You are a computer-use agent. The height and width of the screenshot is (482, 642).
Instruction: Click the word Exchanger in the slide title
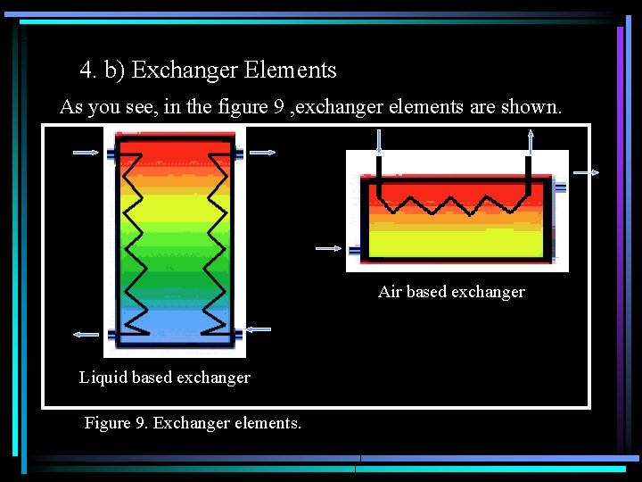click(x=186, y=70)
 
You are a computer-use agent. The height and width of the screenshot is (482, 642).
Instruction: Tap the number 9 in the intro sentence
click(x=279, y=107)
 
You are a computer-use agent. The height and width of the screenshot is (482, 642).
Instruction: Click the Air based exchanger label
click(x=451, y=292)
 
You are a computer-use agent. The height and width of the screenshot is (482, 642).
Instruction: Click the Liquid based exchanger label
click(x=165, y=378)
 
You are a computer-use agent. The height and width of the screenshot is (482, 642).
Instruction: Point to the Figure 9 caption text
click(x=193, y=422)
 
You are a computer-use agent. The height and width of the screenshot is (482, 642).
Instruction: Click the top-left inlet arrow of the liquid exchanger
click(x=86, y=153)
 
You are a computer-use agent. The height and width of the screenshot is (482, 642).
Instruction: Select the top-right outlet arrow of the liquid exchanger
click(x=262, y=153)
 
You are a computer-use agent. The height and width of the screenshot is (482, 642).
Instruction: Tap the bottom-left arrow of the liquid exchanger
click(x=86, y=335)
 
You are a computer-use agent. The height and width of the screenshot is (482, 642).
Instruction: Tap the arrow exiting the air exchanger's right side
click(x=586, y=172)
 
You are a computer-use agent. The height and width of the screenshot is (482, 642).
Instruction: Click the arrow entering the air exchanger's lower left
click(x=328, y=248)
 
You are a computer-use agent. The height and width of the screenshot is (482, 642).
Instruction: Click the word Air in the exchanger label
click(x=390, y=292)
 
